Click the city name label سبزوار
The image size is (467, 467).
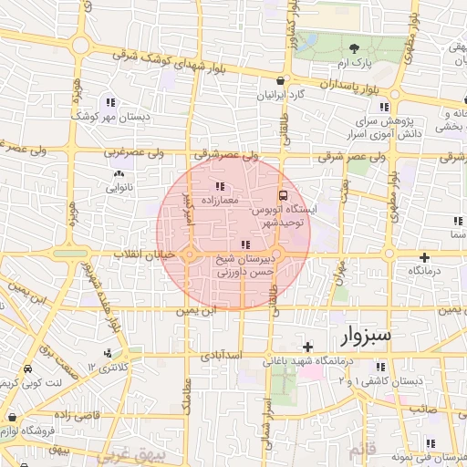point(365,335)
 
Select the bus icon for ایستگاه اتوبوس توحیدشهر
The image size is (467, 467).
point(283,195)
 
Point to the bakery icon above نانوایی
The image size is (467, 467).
point(118,174)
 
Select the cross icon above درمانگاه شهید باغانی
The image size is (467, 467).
point(307,348)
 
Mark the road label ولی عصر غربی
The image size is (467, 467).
point(133,152)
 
